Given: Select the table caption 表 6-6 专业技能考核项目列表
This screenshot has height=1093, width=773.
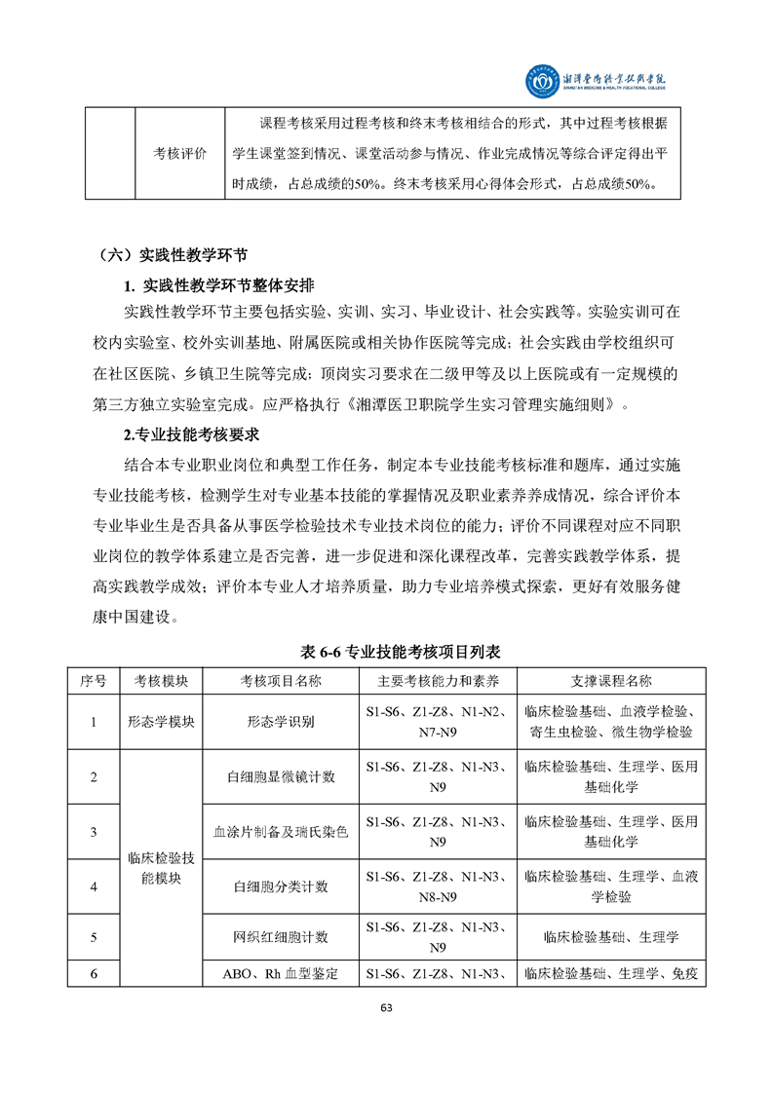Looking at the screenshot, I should pos(386,650).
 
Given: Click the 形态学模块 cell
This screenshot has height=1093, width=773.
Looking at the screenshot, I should pos(161,722).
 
